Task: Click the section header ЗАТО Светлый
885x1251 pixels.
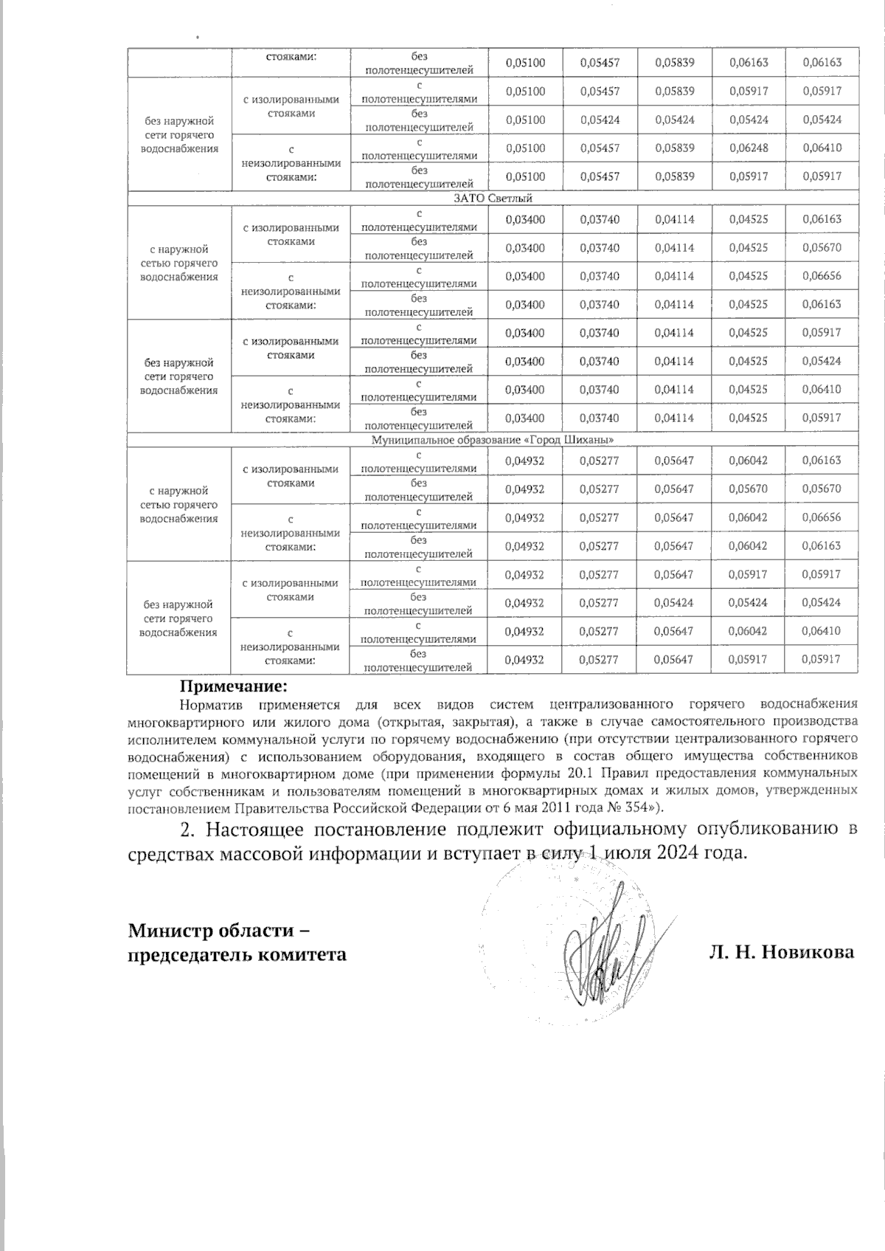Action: [492, 198]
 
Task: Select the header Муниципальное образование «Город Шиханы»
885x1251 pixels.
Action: [492, 440]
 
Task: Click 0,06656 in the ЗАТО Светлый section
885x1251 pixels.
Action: [822, 276]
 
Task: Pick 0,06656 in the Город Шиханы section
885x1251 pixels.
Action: [822, 517]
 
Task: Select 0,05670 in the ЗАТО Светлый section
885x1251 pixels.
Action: [822, 248]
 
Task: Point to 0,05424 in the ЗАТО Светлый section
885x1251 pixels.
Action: [822, 362]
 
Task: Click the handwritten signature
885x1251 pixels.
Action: [605, 959]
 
